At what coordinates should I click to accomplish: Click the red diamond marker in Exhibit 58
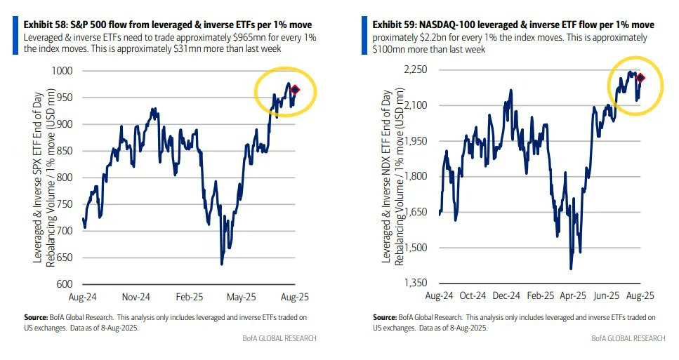pyautogui.click(x=296, y=89)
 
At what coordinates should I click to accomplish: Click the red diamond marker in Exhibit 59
pyautogui.click(x=640, y=78)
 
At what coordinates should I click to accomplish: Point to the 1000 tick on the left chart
pyautogui.click(x=62, y=71)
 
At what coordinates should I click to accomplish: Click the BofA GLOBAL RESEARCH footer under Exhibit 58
pyautogui.click(x=279, y=338)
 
